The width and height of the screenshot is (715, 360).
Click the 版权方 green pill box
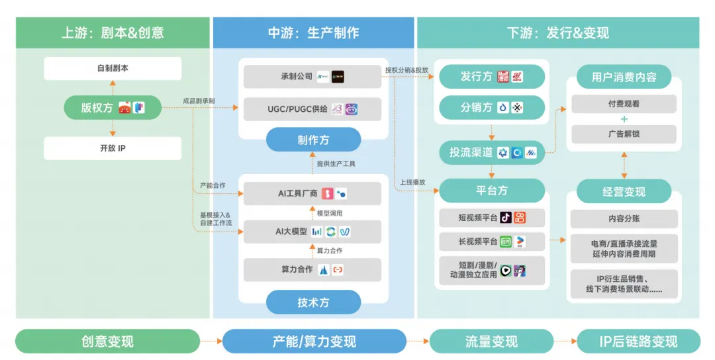pyautogui.click(x=113, y=108)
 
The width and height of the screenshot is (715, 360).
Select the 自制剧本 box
pyautogui.click(x=113, y=68)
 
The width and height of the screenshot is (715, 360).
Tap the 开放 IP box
pyautogui.click(x=113, y=148)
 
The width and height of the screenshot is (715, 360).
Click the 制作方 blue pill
pyautogui.click(x=313, y=140)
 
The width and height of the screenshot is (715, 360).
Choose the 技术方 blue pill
pyautogui.click(x=313, y=302)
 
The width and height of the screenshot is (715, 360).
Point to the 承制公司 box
pyautogui.click(x=312, y=77)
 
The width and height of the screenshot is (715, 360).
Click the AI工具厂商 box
pyautogui.click(x=312, y=194)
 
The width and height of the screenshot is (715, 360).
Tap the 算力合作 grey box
pyautogui.click(x=312, y=269)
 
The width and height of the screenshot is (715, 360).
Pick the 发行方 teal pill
pyautogui.click(x=492, y=77)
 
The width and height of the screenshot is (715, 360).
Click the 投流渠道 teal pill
pyautogui.click(x=492, y=153)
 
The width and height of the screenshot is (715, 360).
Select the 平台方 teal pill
pyautogui.click(x=492, y=191)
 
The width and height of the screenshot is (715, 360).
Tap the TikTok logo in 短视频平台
pyautogui.click(x=505, y=217)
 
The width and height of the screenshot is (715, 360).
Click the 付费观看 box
pyautogui.click(x=624, y=104)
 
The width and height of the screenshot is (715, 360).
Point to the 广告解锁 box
pyautogui.click(x=624, y=134)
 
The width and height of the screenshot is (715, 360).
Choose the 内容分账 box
pyautogui.click(x=624, y=218)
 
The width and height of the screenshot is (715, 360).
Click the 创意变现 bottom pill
pyautogui.click(x=107, y=341)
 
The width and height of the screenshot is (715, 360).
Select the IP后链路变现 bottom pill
pyautogui.click(x=638, y=341)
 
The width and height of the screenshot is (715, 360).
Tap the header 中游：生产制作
pyautogui.click(x=313, y=32)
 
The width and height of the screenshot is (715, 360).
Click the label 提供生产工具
pyautogui.click(x=337, y=163)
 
